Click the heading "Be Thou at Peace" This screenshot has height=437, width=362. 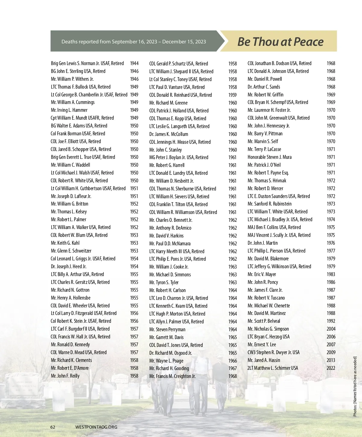click(x=280, y=42)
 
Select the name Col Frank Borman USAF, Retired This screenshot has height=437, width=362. click(x=78, y=134)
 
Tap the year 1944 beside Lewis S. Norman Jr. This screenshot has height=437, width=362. click(x=134, y=63)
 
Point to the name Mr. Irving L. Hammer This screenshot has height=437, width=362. click(x=69, y=110)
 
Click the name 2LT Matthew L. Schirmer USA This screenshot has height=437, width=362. click(x=273, y=368)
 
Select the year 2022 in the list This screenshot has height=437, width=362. click(x=331, y=368)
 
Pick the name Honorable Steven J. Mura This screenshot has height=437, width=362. click(x=269, y=157)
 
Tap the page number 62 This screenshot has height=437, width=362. click(x=53, y=427)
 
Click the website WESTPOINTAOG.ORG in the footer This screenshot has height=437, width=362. click(x=96, y=427)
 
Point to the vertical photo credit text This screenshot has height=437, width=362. click(x=355, y=386)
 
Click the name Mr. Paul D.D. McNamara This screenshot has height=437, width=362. click(x=170, y=244)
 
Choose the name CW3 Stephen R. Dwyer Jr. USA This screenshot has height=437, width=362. click(x=274, y=352)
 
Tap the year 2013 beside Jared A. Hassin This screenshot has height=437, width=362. click(x=331, y=360)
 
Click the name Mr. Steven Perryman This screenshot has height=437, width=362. click(x=167, y=329)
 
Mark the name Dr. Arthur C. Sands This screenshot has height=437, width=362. click(x=264, y=87)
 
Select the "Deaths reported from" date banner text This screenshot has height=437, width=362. click(x=134, y=42)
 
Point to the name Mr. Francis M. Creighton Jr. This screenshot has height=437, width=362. click(x=172, y=376)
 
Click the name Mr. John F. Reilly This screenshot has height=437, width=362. click(x=65, y=376)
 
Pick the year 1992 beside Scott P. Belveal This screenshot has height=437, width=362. click(x=331, y=321)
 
